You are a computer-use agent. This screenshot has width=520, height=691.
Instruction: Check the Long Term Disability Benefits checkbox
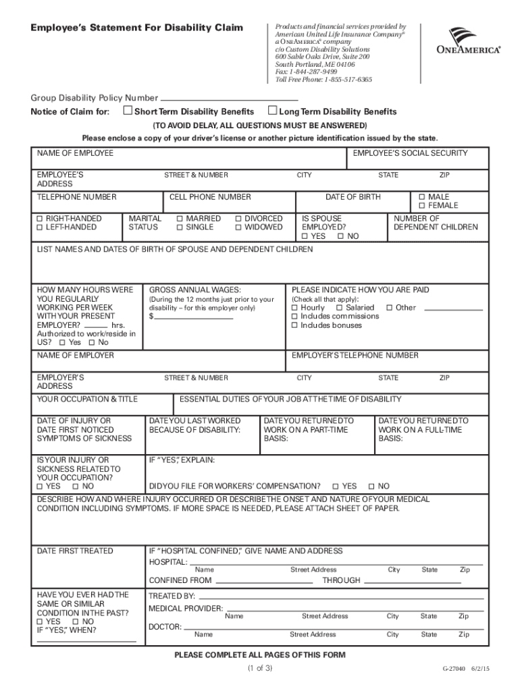point(273,111)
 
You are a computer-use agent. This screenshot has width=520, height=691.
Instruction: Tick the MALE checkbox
point(422,197)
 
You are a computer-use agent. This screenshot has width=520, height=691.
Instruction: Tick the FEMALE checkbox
point(422,206)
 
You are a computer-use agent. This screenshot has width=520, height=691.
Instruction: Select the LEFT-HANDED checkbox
point(40,227)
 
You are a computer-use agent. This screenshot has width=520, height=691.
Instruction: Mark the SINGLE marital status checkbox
point(180,227)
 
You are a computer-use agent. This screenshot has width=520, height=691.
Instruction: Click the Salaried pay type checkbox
point(339,308)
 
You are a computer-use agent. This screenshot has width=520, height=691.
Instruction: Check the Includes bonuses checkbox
point(294,325)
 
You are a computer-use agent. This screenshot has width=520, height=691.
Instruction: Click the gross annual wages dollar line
point(194,317)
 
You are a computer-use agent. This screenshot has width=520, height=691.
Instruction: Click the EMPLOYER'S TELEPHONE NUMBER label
point(355,356)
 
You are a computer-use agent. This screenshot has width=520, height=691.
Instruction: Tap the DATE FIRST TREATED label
point(75,551)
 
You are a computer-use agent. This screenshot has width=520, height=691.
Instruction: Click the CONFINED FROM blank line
point(263,581)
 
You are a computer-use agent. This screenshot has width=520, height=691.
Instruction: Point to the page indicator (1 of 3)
point(259,669)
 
